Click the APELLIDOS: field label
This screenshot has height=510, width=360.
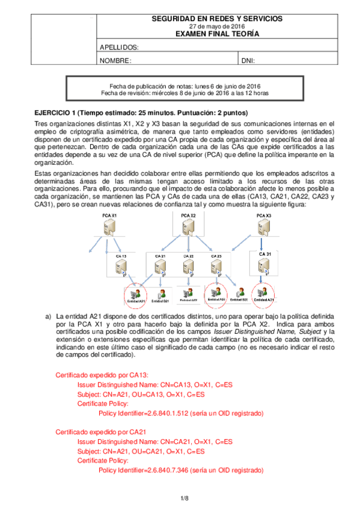point(119,48)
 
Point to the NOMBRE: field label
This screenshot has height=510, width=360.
point(115,61)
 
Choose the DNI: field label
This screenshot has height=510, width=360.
point(248,61)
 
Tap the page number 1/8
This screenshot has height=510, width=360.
point(185,498)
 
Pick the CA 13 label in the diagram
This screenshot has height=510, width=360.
point(120,256)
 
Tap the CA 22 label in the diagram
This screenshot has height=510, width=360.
point(188,256)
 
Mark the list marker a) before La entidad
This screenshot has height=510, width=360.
point(49,316)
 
